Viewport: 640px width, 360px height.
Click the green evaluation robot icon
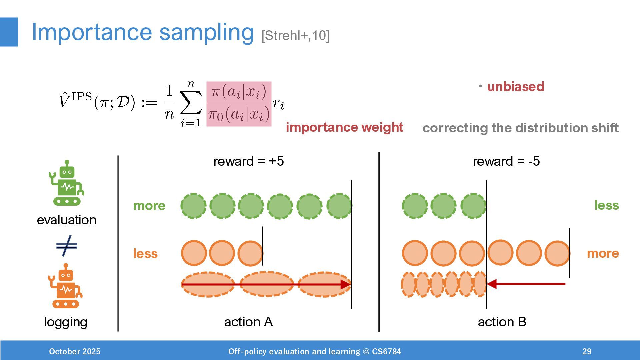click(66, 183)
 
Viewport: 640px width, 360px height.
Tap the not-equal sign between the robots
click(67, 246)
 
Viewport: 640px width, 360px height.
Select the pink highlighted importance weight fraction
click(239, 104)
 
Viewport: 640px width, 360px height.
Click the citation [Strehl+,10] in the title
click(295, 35)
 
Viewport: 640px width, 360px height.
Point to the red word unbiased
click(515, 87)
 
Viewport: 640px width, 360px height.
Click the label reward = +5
click(248, 161)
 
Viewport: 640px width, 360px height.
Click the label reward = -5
click(506, 161)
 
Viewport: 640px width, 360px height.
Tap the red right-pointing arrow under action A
click(267, 284)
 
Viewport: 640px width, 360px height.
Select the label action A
click(248, 322)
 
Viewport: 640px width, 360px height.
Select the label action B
click(502, 322)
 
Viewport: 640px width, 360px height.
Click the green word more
click(149, 206)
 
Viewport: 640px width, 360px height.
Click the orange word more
click(603, 253)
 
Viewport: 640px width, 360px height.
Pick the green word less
click(606, 205)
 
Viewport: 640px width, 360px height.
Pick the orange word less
click(145, 254)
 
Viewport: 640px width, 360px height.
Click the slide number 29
click(587, 351)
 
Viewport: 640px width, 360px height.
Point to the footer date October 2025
click(75, 351)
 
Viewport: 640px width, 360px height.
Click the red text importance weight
click(344, 127)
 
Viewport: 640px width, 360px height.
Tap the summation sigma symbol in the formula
click(191, 103)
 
